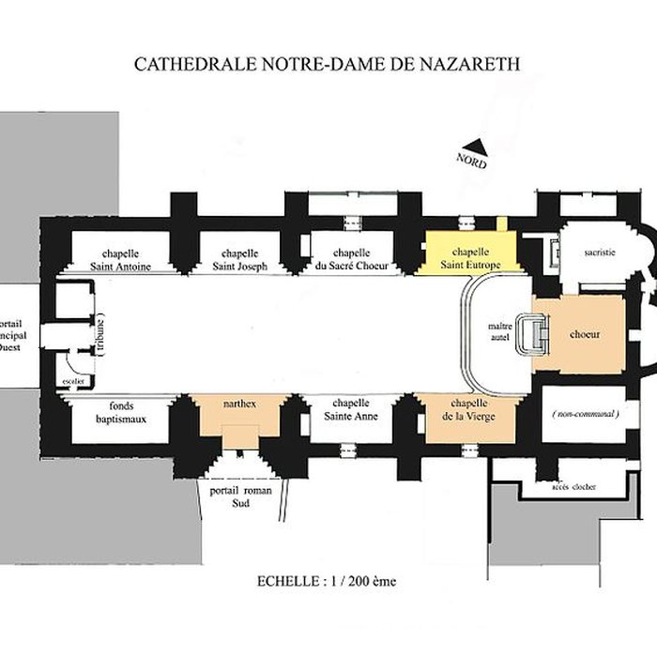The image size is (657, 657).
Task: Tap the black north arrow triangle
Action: pos(479,145)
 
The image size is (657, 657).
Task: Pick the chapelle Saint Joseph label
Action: pos(245,259)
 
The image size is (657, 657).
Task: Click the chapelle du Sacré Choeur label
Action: pos(352,259)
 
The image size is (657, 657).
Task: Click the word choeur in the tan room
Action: pos(585,334)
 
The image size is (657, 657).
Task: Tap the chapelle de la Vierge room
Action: pos(469,411)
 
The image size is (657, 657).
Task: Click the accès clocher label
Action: pos(573,487)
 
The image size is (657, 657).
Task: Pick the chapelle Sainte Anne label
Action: pos(350,410)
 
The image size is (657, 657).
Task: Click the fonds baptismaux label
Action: pos(121,411)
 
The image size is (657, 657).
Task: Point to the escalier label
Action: pos(73,381)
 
